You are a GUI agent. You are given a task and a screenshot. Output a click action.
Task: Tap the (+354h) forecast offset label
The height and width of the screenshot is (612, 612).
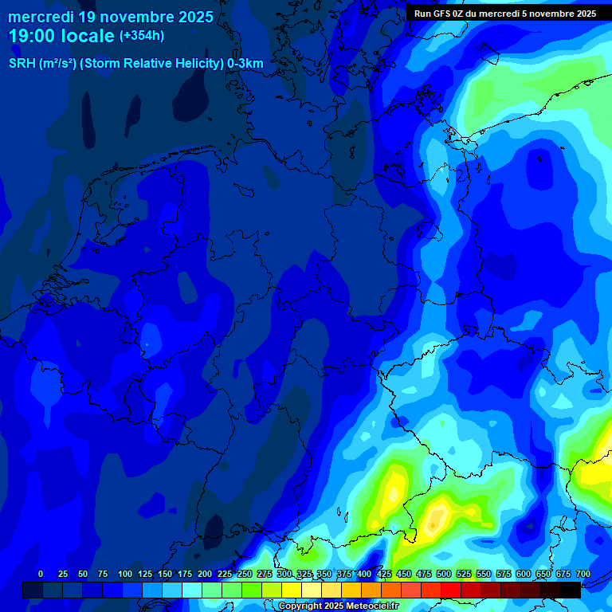(x=142, y=36)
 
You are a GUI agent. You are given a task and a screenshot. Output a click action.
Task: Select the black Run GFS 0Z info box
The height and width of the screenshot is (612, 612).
(x=505, y=13)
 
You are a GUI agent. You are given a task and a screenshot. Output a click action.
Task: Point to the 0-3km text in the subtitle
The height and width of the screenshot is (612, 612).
(x=245, y=64)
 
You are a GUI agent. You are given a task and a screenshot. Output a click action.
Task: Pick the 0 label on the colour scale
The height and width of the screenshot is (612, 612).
(x=41, y=574)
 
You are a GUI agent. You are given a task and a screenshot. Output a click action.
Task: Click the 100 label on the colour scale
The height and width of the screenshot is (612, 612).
(x=125, y=574)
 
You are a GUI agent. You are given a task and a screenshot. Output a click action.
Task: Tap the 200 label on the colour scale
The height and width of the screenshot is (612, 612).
(x=205, y=574)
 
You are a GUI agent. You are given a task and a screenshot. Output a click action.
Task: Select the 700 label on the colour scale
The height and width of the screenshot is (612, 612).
(x=583, y=574)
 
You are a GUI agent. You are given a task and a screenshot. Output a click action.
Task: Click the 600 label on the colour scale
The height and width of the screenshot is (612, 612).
(x=524, y=574)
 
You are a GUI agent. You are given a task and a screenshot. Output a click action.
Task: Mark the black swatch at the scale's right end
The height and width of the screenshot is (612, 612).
(x=570, y=590)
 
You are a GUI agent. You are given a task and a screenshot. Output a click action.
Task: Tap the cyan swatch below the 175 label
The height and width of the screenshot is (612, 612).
(x=191, y=590)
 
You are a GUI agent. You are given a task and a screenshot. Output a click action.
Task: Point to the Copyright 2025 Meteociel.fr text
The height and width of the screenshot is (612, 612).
(x=338, y=606)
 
